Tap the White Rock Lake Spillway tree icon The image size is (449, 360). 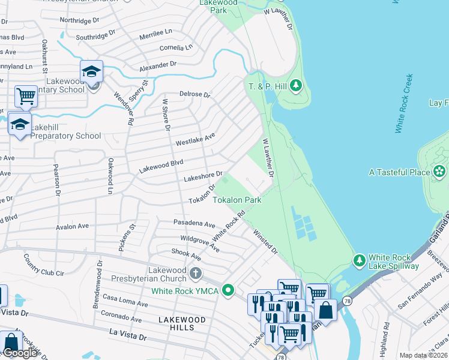(x=359, y=260)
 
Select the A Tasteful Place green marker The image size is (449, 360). (x=440, y=172)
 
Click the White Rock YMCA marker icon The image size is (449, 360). (x=228, y=291)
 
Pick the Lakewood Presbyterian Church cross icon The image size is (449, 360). (x=195, y=274)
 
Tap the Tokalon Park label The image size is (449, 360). (x=237, y=200)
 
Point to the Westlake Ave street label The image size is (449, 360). (x=195, y=140)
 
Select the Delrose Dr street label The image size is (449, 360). (x=195, y=95)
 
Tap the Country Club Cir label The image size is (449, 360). (x=43, y=263)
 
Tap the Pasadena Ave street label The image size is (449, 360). (x=196, y=224)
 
